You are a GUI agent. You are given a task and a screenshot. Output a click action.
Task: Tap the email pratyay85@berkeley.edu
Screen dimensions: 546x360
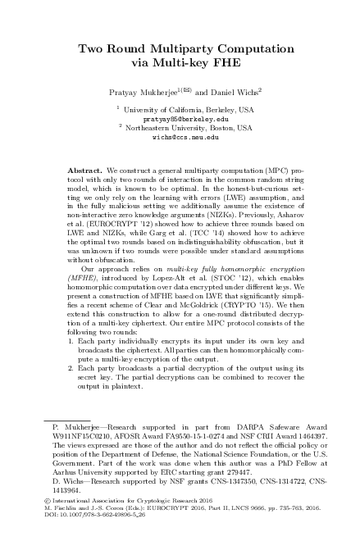[180, 118]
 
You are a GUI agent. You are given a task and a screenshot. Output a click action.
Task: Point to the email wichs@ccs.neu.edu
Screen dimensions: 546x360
[180, 137]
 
